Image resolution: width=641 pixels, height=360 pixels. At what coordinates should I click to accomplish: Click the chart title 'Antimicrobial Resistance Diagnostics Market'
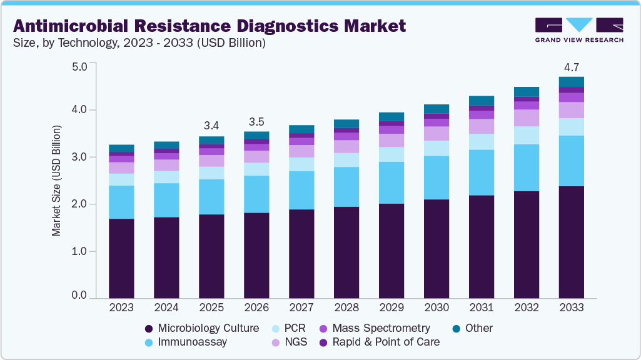[209, 26]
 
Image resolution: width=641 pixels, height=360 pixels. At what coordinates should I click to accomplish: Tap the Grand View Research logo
[578, 29]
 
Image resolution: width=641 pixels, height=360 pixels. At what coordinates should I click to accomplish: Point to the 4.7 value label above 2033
[571, 67]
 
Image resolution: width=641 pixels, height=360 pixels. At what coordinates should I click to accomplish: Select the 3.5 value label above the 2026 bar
[257, 121]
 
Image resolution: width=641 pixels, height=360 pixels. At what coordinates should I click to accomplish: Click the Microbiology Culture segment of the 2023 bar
[121, 257]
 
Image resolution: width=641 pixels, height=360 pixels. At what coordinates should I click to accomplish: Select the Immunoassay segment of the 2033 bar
[571, 161]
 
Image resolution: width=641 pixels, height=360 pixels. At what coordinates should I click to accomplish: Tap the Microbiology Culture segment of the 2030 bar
[436, 248]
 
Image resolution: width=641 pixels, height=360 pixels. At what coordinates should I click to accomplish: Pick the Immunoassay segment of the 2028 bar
[346, 187]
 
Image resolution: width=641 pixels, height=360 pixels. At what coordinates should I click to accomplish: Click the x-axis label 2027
[301, 307]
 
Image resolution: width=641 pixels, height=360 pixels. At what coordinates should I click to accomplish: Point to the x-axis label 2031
[481, 307]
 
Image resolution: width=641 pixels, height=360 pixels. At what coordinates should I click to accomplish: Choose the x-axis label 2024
[166, 307]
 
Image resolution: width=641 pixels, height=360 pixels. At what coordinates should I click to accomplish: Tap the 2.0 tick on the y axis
[80, 204]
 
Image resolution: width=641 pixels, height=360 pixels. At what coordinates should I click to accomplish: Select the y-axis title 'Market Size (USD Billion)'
[56, 180]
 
